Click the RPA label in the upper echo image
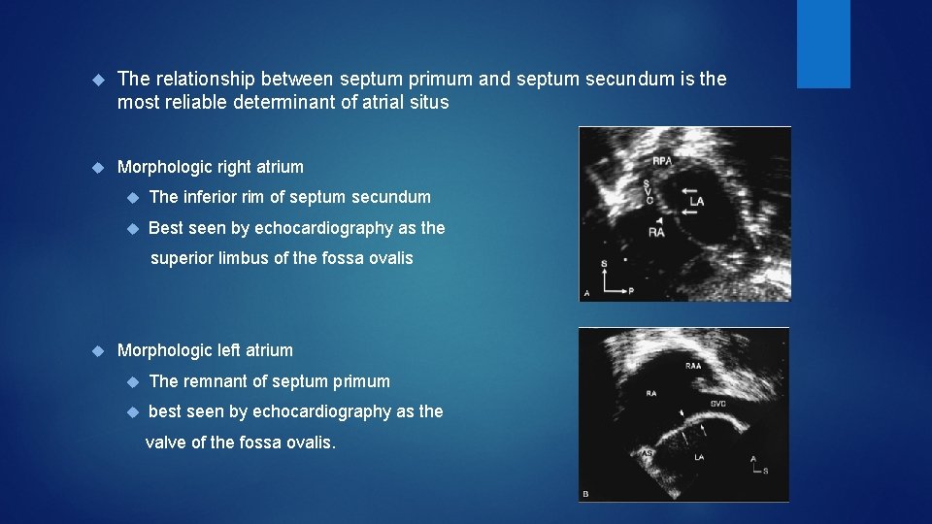tap(661, 161)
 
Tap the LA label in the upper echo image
tap(696, 203)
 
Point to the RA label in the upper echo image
tap(657, 233)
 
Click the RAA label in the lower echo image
tap(693, 366)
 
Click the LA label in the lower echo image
tap(699, 456)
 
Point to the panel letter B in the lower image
tap(585, 494)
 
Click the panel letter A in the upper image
tap(585, 292)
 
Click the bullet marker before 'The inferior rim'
tap(132, 198)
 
